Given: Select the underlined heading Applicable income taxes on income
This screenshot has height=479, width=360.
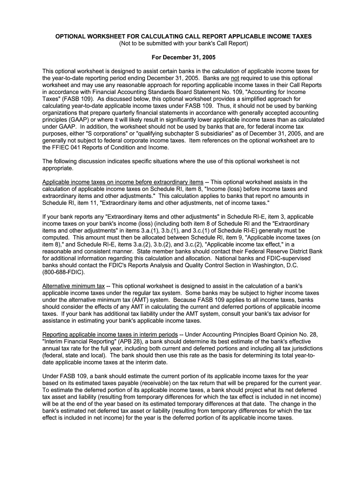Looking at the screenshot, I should pyautogui.click(x=122, y=182).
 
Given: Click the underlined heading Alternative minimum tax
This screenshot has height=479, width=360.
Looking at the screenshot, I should pyautogui.click(x=73, y=286).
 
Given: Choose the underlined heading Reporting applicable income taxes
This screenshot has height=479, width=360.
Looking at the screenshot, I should pyautogui.click(x=110, y=334).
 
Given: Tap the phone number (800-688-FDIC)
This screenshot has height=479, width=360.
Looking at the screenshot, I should pyautogui.click(x=64, y=272).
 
